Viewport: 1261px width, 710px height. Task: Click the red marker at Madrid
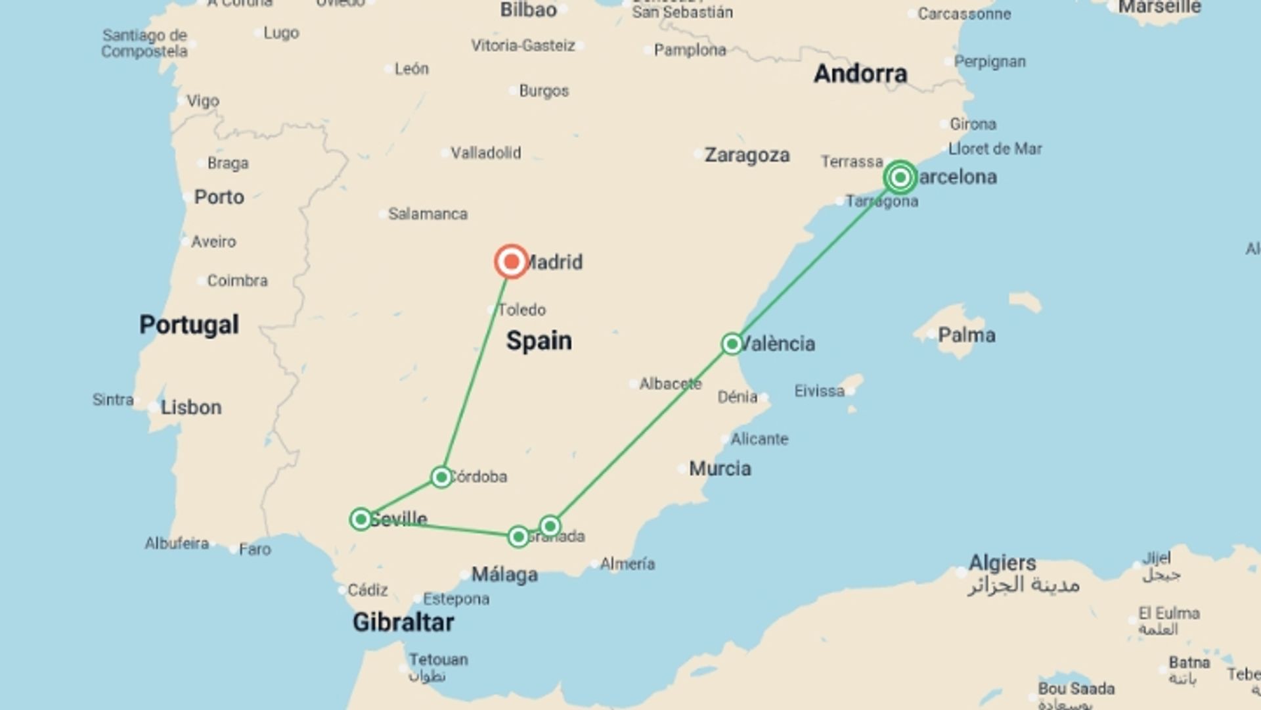tap(511, 262)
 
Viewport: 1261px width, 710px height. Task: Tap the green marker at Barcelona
tap(900, 177)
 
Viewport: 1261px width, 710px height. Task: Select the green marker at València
tap(732, 344)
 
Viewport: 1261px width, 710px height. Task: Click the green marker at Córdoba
tap(441, 477)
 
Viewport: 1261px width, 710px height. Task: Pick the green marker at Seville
tap(361, 519)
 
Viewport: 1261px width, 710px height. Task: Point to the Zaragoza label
tap(747, 155)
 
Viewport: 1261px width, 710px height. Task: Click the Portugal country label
tap(189, 325)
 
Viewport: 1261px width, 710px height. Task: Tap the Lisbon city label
tap(191, 408)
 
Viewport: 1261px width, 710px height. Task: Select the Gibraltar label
tap(403, 622)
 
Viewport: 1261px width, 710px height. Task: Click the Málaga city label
tap(504, 575)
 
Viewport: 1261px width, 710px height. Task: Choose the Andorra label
tap(860, 74)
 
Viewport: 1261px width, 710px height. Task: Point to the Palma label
tap(966, 335)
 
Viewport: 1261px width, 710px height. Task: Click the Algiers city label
tap(1002, 563)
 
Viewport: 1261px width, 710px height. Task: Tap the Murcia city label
tap(720, 469)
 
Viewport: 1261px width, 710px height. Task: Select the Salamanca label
tap(428, 214)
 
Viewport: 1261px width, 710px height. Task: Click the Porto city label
tap(219, 197)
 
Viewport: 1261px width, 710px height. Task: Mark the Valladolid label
tap(485, 153)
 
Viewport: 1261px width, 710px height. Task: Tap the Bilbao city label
tap(528, 10)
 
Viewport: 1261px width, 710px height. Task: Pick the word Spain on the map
tap(539, 341)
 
